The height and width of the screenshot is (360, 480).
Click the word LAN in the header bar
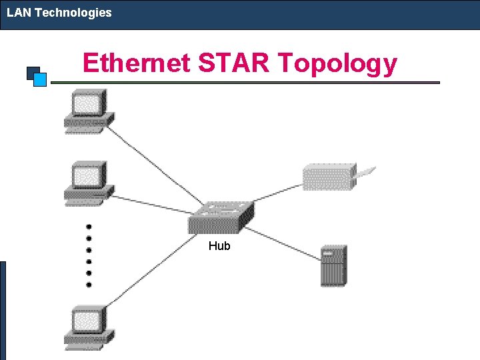click(19, 13)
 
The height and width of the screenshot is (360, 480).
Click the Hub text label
click(219, 246)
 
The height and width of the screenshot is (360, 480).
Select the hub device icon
click(221, 216)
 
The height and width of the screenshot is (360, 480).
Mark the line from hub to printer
click(277, 191)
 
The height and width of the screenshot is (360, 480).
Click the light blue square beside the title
click(40, 80)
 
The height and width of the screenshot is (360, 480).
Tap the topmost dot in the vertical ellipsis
click(89, 227)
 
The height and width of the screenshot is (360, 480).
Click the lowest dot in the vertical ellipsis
click(89, 285)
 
